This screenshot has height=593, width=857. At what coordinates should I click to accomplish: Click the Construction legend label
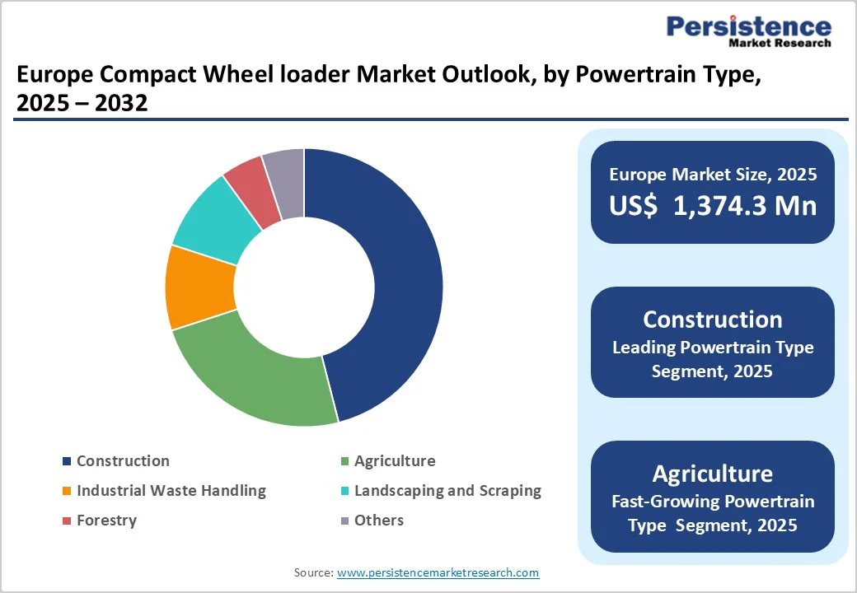[x=123, y=461]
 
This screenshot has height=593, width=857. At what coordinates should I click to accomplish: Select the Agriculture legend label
[x=395, y=461]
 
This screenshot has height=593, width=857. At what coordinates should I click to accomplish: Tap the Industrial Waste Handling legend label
[x=171, y=491]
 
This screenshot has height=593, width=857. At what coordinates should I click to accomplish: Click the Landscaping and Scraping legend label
[x=447, y=491]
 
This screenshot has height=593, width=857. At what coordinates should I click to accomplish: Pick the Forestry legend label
[x=106, y=521]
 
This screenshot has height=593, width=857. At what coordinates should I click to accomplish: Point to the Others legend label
[x=379, y=521]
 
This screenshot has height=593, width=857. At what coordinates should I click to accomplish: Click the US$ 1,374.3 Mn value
[x=713, y=205]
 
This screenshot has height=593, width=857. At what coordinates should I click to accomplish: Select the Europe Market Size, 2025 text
[x=713, y=174]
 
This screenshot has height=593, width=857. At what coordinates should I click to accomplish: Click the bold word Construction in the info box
[x=713, y=320]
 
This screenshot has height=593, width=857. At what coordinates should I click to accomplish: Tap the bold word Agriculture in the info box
[x=713, y=474]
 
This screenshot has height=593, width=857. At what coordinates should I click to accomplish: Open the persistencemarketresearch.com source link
[x=438, y=572]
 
